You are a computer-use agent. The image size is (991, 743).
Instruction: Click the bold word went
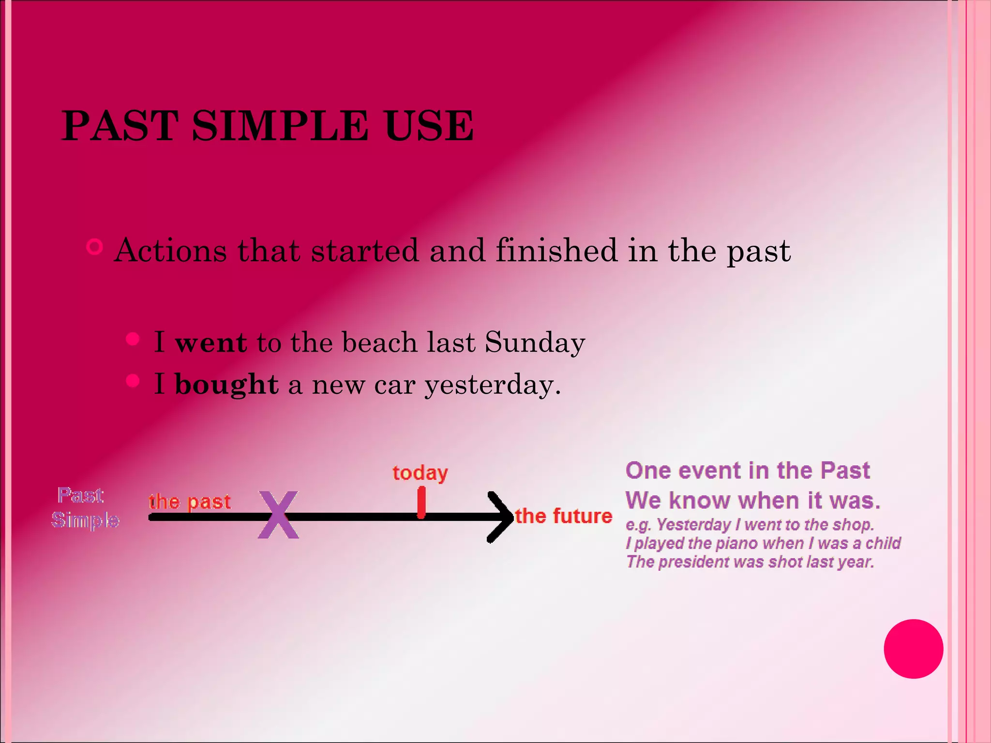(x=211, y=343)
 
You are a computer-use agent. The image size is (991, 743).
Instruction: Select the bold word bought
(x=226, y=385)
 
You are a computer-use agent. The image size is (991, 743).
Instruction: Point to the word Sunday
(x=535, y=343)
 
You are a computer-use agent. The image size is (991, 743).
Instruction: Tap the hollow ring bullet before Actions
(x=94, y=247)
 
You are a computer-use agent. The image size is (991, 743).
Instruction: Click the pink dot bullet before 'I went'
(x=133, y=339)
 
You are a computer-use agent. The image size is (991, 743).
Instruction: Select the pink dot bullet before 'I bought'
(x=133, y=381)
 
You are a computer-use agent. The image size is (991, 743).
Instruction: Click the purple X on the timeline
(x=278, y=515)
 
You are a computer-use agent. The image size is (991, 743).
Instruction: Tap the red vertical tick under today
(x=421, y=503)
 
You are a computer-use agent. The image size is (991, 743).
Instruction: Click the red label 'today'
(x=420, y=473)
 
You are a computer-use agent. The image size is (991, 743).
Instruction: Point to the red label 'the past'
(x=190, y=502)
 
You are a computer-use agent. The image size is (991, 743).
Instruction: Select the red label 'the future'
(x=563, y=516)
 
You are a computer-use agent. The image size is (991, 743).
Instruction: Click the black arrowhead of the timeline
(x=501, y=517)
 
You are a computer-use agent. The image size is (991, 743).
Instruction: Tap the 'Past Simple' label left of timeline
(x=85, y=508)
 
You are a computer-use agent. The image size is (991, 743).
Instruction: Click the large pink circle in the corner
(x=913, y=649)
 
